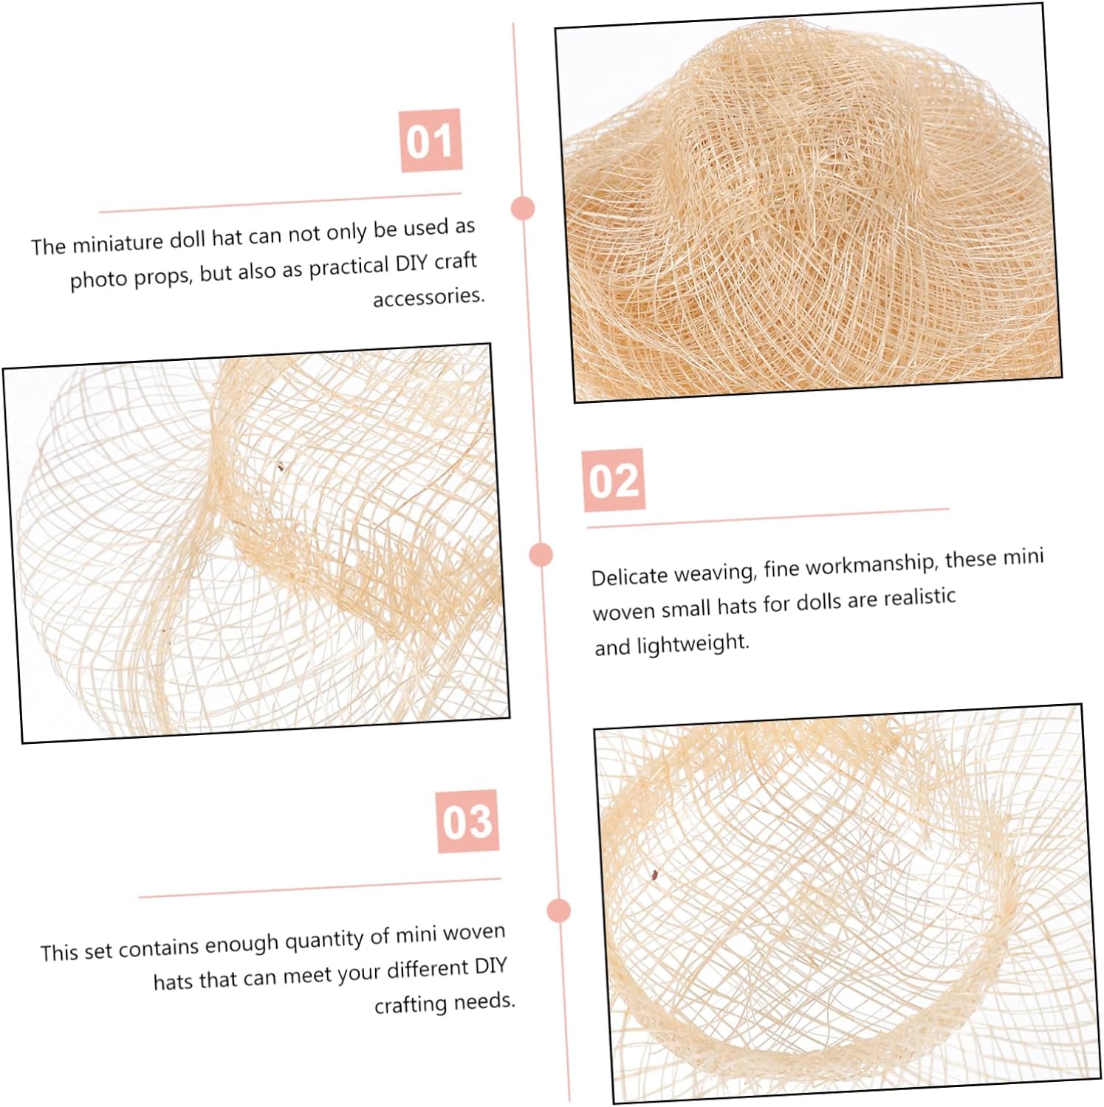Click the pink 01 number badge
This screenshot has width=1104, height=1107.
point(431,140)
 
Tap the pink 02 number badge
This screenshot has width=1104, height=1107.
point(613,480)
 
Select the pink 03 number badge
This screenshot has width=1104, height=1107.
point(467,821)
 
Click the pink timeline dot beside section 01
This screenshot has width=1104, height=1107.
point(523,208)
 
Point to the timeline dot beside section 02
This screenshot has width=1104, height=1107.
point(541,554)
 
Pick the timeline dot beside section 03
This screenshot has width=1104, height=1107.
point(559,910)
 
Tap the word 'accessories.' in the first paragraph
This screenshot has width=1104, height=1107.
point(429,297)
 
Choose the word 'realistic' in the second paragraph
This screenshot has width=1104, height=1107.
point(919,597)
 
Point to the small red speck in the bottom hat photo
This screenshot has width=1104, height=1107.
point(654,875)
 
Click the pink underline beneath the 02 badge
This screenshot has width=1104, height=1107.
point(768,518)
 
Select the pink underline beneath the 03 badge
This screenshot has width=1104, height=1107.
point(320,888)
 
